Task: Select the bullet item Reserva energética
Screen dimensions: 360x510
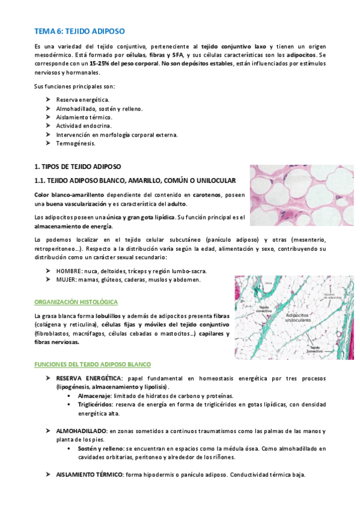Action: click(x=82, y=99)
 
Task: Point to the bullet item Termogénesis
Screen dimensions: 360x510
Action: click(x=75, y=144)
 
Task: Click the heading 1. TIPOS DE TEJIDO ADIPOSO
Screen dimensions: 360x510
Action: click(x=78, y=166)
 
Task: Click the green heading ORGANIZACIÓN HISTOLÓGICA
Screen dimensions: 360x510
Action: click(x=76, y=302)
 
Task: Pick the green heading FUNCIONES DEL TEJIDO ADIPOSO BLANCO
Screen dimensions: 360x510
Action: click(x=93, y=364)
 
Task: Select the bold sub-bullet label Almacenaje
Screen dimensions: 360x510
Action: click(x=95, y=396)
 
